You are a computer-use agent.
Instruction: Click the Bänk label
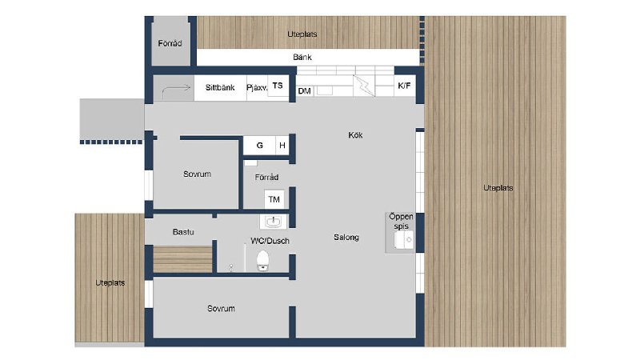pyautogui.click(x=302, y=57)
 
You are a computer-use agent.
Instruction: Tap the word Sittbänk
pyautogui.click(x=220, y=87)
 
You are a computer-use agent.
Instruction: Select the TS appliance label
pyautogui.click(x=278, y=86)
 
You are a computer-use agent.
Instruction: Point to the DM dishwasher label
pyautogui.click(x=305, y=91)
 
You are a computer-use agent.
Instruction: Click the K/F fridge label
pyautogui.click(x=404, y=86)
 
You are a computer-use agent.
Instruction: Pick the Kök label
pyautogui.click(x=355, y=135)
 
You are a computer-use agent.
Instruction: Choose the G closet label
pyautogui.click(x=259, y=146)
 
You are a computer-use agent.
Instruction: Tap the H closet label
pyautogui.click(x=282, y=146)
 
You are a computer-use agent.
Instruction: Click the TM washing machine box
pyautogui.click(x=274, y=199)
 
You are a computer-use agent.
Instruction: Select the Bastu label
pyautogui.click(x=183, y=232)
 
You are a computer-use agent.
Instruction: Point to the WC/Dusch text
pyautogui.click(x=270, y=241)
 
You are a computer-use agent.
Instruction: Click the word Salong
pyautogui.click(x=346, y=237)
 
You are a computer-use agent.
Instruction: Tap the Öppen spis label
pyautogui.click(x=401, y=222)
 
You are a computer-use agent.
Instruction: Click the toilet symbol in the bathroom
pyautogui.click(x=263, y=261)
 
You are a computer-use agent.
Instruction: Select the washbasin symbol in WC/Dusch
pyautogui.click(x=273, y=222)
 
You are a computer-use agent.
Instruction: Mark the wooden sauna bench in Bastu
pyautogui.click(x=183, y=258)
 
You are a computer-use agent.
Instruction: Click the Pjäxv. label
pyautogui.click(x=257, y=88)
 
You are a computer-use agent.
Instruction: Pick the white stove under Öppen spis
pyautogui.click(x=404, y=240)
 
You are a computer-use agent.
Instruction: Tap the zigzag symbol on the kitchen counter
pyautogui.click(x=364, y=86)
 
